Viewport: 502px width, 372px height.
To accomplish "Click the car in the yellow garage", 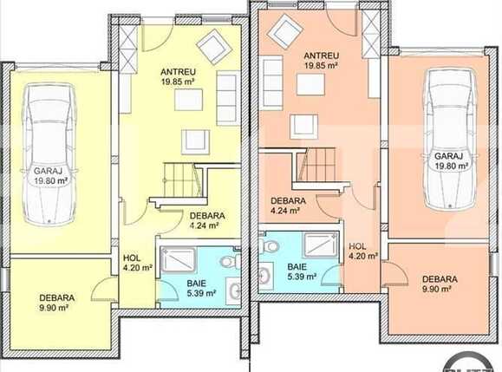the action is tap(49, 154).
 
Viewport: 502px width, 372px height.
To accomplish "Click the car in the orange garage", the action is tap(449, 140).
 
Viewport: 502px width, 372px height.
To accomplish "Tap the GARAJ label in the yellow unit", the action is tap(48, 171).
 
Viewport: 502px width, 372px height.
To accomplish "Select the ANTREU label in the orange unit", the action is tap(321, 55).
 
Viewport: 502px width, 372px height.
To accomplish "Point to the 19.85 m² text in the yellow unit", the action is tap(178, 82).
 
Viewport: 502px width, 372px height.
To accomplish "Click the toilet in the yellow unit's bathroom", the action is tap(230, 260).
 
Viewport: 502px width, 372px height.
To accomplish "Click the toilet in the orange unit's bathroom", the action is tap(268, 245).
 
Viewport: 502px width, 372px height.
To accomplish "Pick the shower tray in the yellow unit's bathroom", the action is tap(178, 260).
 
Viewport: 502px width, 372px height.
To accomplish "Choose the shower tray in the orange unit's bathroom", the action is tap(321, 245).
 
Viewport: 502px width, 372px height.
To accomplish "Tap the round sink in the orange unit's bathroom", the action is tap(265, 276).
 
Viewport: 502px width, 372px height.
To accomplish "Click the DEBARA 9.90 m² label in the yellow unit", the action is tap(57, 303).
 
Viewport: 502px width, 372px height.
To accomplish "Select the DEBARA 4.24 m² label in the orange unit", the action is tap(288, 206).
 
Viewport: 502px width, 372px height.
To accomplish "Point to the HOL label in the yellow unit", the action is tap(132, 258).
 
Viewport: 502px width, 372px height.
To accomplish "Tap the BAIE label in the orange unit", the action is tap(297, 266).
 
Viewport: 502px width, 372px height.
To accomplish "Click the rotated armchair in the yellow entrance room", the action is tap(214, 47).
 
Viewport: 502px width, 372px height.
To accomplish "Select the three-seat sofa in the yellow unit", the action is tap(228, 98).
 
